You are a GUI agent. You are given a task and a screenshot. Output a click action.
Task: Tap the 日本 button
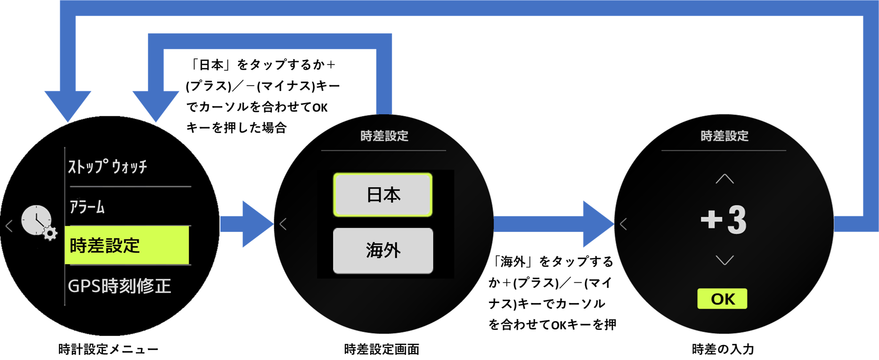[x=383, y=195]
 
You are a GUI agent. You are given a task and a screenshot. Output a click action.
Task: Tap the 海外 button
[x=383, y=251]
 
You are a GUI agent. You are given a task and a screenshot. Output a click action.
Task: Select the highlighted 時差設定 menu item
[x=127, y=245]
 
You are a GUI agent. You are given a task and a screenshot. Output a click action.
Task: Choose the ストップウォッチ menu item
[x=108, y=166]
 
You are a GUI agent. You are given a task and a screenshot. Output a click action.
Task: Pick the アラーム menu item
[x=87, y=207]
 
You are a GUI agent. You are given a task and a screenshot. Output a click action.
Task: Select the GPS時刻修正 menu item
[x=120, y=286]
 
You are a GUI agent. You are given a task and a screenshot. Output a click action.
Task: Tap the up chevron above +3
[x=724, y=179]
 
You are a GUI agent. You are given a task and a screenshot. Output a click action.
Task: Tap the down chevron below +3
[x=724, y=260]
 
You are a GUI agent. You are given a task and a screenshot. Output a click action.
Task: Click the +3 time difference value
[x=724, y=220]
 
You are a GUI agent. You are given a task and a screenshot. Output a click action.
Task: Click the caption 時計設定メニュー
[x=108, y=350]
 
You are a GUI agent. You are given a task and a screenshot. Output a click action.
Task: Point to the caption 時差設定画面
[x=382, y=350]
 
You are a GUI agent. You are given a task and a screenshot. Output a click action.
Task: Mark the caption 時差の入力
[x=723, y=350]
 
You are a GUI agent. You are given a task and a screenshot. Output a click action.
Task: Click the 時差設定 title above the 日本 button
[x=384, y=136]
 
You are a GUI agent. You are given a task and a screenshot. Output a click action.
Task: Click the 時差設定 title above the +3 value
[x=724, y=136]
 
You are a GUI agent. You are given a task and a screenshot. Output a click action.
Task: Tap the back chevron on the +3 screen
[x=624, y=224]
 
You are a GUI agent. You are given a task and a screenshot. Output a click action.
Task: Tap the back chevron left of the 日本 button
[x=283, y=224]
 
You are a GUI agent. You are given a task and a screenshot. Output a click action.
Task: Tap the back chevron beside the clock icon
[x=9, y=226]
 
